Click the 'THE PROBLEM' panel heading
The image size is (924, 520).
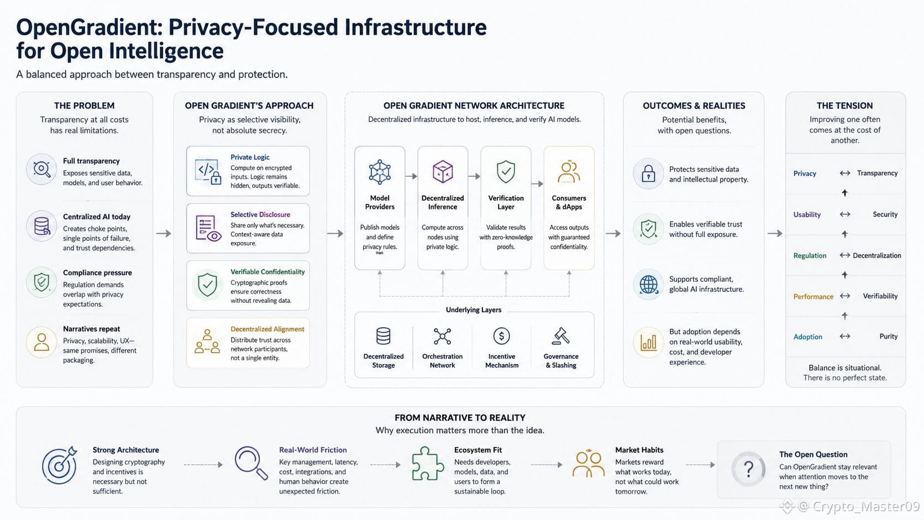[x=84, y=106]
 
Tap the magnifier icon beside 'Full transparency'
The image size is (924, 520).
[x=41, y=169]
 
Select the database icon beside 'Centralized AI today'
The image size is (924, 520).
[x=41, y=226]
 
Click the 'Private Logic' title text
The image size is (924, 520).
[x=250, y=157]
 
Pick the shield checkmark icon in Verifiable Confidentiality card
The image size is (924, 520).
[x=207, y=285]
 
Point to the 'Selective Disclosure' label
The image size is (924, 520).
[x=260, y=214]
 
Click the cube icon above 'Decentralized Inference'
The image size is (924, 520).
[x=443, y=171]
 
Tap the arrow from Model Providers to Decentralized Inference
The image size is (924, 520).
[x=411, y=176]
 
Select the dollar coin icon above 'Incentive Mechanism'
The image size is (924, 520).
[x=502, y=336]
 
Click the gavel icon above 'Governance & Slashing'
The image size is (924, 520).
[x=560, y=336]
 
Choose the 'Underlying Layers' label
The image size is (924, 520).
[x=474, y=309]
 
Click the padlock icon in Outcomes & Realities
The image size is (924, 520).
[x=648, y=174]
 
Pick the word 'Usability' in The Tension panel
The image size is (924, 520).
[x=807, y=214]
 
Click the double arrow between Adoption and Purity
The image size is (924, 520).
[x=845, y=336]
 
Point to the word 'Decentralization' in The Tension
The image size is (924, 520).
[x=876, y=255]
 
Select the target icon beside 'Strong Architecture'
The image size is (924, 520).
[x=60, y=465]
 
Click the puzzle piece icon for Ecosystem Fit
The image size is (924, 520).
[x=428, y=464]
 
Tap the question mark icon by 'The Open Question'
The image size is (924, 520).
[x=748, y=469]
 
